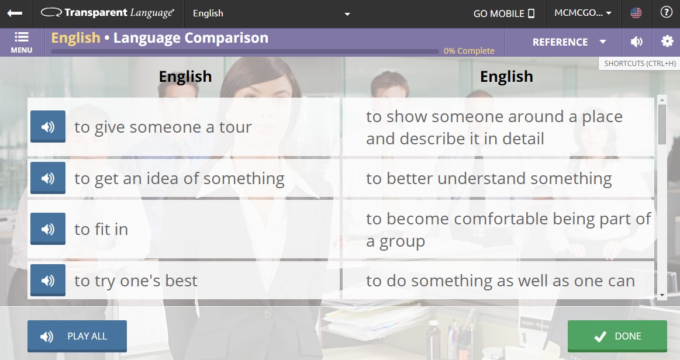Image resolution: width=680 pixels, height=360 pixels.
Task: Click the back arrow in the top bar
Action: (x=15, y=13)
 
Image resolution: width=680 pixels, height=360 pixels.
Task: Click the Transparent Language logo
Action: (x=108, y=13)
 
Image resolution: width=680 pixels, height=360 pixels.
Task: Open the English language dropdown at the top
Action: (x=271, y=13)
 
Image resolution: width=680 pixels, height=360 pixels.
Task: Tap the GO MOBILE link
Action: (x=504, y=13)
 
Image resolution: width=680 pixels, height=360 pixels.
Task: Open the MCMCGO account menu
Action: (x=579, y=13)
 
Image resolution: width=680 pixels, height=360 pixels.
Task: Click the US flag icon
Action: (x=636, y=13)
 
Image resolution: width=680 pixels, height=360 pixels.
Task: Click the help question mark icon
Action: (x=666, y=13)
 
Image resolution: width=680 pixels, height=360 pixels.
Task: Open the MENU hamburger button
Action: (x=22, y=42)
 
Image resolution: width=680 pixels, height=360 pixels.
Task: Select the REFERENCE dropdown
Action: (x=569, y=42)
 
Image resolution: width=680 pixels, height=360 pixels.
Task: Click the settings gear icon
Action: (x=667, y=41)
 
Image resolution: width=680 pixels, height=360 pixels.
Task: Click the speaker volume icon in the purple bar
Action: (x=637, y=41)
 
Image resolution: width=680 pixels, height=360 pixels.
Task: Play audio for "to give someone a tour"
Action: (x=48, y=127)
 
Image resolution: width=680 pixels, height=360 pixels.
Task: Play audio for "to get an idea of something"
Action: (x=48, y=178)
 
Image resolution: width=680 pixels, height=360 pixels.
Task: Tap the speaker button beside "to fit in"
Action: (x=48, y=229)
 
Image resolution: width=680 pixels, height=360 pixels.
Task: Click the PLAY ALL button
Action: (x=77, y=336)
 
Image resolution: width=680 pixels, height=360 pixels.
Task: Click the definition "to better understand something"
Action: (x=489, y=178)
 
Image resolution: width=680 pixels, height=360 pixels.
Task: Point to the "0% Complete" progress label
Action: (x=469, y=51)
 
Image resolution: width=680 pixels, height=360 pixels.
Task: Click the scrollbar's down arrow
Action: (x=662, y=295)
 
